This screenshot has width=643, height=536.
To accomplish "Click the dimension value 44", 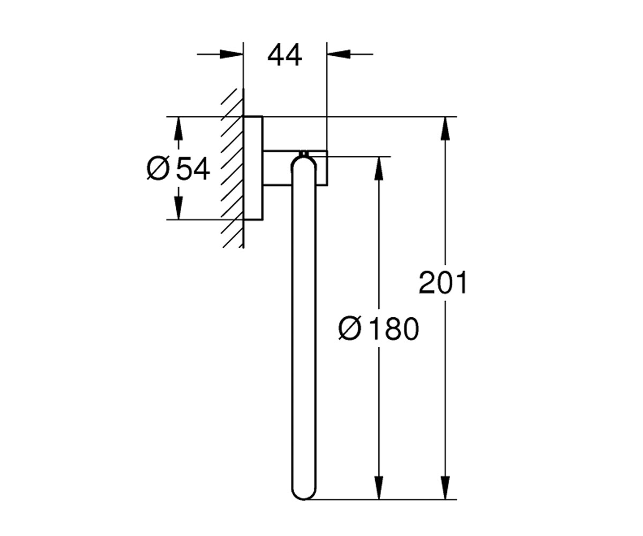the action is coord(285,55).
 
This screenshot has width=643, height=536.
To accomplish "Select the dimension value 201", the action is coord(443,282).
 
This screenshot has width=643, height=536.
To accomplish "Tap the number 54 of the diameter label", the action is coord(193,168).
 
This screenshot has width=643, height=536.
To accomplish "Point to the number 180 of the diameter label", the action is coord(394,329).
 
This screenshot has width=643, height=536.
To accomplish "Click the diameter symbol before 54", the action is coord(158,168).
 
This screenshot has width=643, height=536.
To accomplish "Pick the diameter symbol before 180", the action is coord(349,329).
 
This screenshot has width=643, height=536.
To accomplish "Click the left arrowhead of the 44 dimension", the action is coord(231,54).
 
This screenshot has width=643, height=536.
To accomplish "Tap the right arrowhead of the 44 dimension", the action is coord(339,54).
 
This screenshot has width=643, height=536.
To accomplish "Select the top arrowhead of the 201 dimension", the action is coord(445,129).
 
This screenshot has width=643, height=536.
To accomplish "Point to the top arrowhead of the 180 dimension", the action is coord(379,168).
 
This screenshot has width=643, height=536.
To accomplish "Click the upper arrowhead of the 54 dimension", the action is coord(178,129).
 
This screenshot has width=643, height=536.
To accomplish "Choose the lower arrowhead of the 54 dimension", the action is coord(178,208).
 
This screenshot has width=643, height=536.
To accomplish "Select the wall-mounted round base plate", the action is coord(253,168).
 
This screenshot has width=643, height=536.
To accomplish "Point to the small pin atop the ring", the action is coord(304,153).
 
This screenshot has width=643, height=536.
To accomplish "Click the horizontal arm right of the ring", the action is coord(322,168).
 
